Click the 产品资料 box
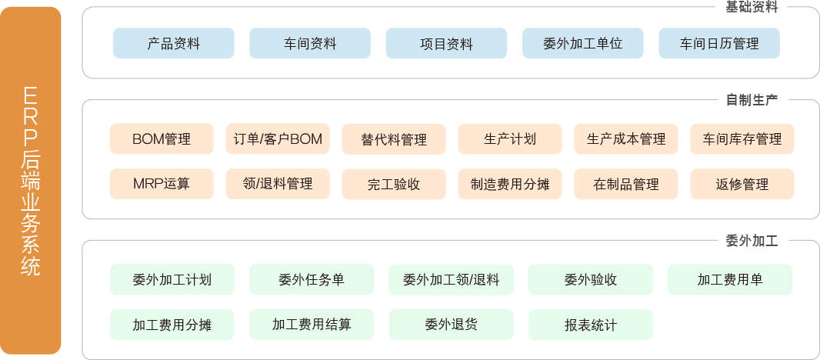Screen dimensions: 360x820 pos(174,44)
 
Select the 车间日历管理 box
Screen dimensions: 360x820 pos(719,44)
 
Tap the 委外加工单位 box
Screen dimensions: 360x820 pos(583,44)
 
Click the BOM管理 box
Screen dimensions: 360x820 pos(162,139)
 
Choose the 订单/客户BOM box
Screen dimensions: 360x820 pos(278,139)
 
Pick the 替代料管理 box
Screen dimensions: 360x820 pos(394,139)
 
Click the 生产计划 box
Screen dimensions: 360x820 pos(510,139)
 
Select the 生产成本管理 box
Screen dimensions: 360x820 pos(626,139)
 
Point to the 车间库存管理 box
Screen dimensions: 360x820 pos(742,139)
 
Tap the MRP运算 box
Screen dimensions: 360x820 pos(162,184)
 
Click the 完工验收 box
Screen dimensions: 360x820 pos(394,184)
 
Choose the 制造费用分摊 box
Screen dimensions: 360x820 pos(510,184)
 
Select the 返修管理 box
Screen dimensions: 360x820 pos(742,184)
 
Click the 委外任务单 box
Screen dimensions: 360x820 pos(312,280)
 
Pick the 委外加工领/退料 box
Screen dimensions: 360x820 pos(451,280)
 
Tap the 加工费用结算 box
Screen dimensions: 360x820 pos(312,325)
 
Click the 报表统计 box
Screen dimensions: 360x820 pos(590,325)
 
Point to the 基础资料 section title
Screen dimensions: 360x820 pos(752,8)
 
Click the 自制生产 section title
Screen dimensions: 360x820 pos(752,100)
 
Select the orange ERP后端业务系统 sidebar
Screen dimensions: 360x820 pos(32,180)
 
